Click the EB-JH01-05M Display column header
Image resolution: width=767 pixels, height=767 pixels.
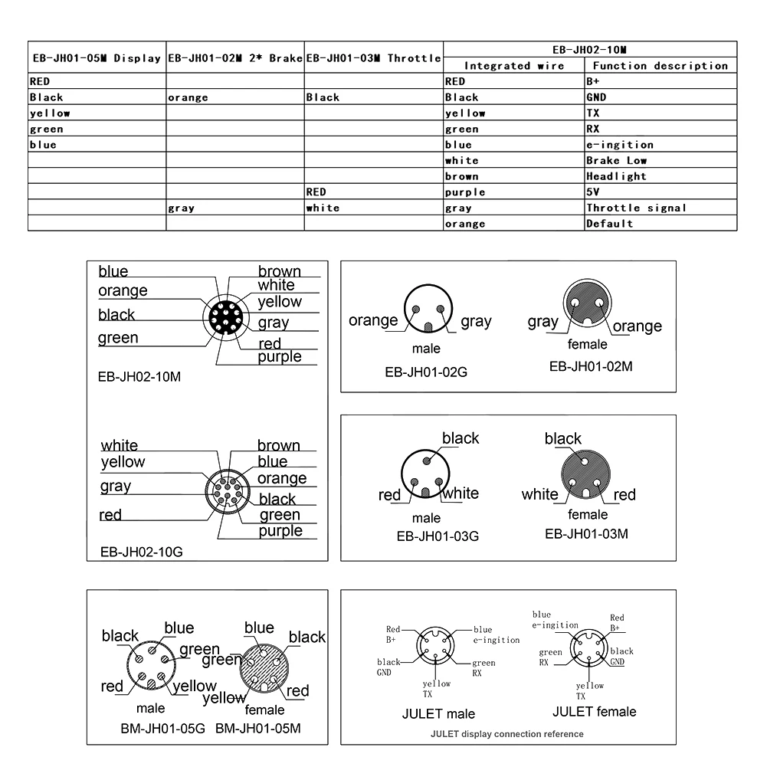(96, 58)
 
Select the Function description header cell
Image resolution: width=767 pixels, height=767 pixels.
(660, 66)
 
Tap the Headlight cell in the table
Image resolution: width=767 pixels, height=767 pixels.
(616, 176)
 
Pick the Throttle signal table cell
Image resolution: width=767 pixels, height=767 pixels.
(636, 208)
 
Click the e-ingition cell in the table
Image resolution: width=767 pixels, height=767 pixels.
(619, 145)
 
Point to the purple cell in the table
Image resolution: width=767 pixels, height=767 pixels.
(465, 192)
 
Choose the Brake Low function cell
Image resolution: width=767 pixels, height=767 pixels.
(616, 161)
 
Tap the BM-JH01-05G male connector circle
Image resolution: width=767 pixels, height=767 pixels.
(149, 667)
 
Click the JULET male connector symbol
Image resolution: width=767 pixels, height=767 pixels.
(436, 648)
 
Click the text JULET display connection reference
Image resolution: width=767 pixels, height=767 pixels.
(506, 734)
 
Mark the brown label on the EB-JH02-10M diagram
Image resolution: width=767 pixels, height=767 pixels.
(279, 271)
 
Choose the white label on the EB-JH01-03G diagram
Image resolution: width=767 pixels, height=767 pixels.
(461, 493)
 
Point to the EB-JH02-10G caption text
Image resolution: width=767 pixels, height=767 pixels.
(142, 552)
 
